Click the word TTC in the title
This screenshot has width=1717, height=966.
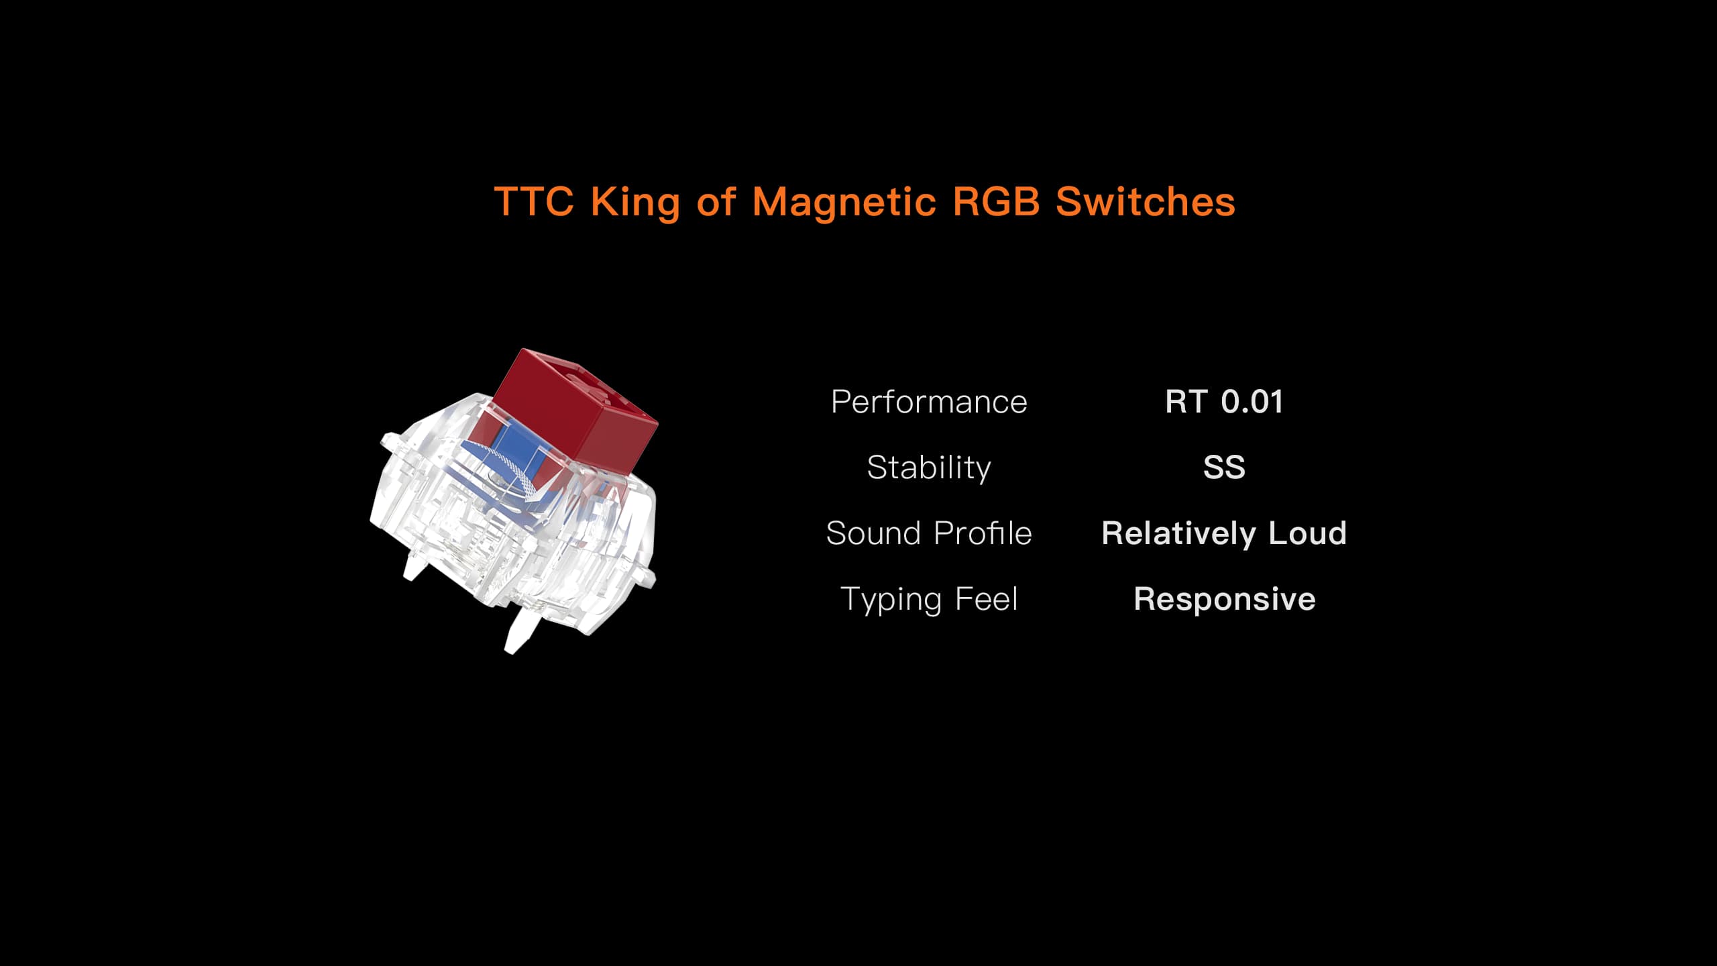click(x=534, y=201)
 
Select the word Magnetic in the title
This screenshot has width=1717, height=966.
click(x=844, y=201)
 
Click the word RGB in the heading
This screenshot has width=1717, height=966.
click(x=996, y=201)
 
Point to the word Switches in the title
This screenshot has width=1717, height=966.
click(x=1146, y=201)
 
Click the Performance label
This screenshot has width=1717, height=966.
click(x=929, y=402)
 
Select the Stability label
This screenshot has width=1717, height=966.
click(x=929, y=468)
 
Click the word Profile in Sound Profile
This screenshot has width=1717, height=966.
click(x=983, y=533)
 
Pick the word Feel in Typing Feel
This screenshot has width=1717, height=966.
click(x=986, y=598)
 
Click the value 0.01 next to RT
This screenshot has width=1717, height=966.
click(x=1252, y=401)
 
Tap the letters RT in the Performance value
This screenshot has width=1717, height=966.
click(x=1186, y=401)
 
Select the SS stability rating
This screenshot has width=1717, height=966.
click(x=1224, y=467)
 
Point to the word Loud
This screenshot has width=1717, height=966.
click(x=1307, y=533)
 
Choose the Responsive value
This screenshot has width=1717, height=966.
click(x=1224, y=599)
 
